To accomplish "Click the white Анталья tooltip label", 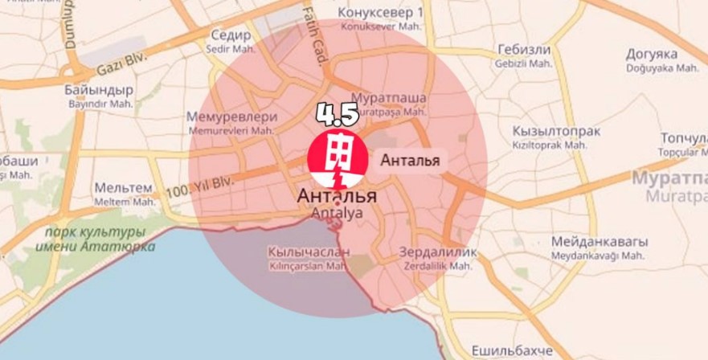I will (x=409, y=159).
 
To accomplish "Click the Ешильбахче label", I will (x=514, y=351).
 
